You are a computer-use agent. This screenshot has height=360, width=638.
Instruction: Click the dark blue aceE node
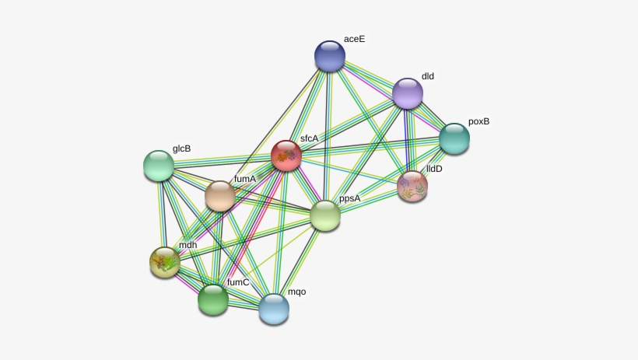[330, 56]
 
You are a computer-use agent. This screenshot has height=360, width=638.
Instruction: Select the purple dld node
[408, 93]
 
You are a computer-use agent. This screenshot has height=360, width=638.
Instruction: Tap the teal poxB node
[454, 138]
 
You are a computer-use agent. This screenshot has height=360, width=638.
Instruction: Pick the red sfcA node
[286, 156]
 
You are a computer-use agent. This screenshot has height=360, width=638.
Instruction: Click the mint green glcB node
[159, 166]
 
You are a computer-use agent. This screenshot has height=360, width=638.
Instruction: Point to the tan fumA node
[220, 196]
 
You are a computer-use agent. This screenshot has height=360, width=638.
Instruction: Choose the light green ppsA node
[325, 215]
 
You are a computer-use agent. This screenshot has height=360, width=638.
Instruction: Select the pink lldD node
[412, 187]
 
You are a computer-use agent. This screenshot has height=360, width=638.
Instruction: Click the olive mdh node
[165, 262]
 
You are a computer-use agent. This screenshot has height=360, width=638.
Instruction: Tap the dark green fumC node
[213, 300]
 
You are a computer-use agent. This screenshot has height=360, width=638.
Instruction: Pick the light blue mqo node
[274, 309]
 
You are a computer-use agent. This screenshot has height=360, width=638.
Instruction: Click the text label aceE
[354, 39]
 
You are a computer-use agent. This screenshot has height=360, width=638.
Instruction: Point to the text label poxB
[479, 121]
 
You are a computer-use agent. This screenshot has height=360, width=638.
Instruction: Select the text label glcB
[182, 149]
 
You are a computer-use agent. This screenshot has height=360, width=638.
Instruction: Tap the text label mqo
[297, 292]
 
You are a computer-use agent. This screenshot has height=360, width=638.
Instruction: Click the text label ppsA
[350, 199]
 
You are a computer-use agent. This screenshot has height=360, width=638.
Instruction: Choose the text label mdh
[188, 245]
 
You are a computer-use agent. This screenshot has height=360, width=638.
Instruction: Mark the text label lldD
[434, 169]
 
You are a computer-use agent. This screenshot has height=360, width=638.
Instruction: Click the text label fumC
[238, 282]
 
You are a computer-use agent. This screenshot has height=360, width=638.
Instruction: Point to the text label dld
[428, 76]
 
